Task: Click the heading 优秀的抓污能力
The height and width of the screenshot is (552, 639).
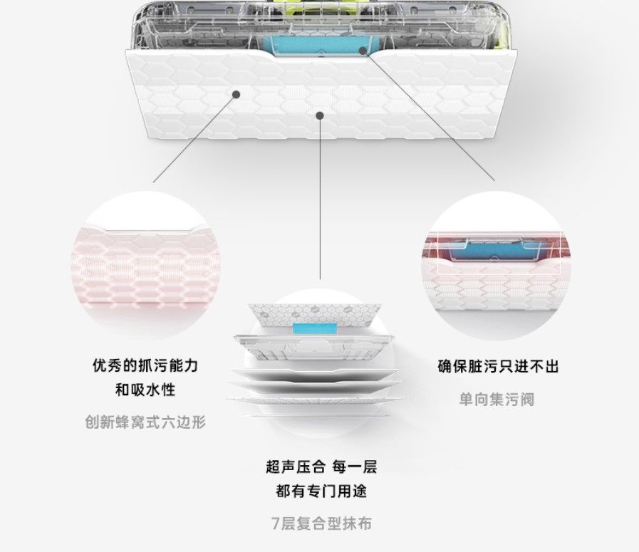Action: coord(145,366)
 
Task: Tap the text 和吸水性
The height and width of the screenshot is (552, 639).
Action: coord(145,390)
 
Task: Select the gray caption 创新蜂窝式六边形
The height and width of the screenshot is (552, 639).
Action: coord(145,422)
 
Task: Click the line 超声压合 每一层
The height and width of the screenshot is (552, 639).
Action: coord(321,467)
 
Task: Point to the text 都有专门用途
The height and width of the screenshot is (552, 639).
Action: coord(321,491)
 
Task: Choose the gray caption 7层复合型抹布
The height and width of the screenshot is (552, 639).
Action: coord(321,524)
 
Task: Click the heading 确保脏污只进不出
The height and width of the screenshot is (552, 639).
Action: coord(498,366)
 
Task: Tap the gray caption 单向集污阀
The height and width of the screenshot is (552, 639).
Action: coord(497,399)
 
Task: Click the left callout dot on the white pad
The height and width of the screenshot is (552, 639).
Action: coord(236,93)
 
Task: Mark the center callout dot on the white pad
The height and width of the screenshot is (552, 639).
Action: coord(321,114)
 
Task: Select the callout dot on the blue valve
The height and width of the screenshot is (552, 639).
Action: coord(363,50)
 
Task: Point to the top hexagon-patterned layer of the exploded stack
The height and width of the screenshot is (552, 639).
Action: coord(313,313)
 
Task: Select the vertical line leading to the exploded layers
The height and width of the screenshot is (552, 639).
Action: coord(321,199)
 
